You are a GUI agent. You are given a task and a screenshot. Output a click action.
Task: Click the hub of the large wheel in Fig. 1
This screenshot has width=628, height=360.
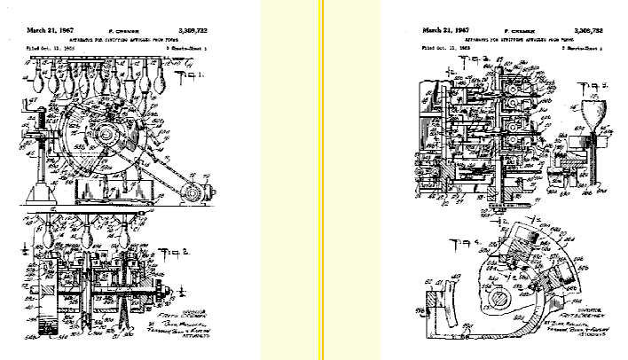(x=109, y=136)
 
